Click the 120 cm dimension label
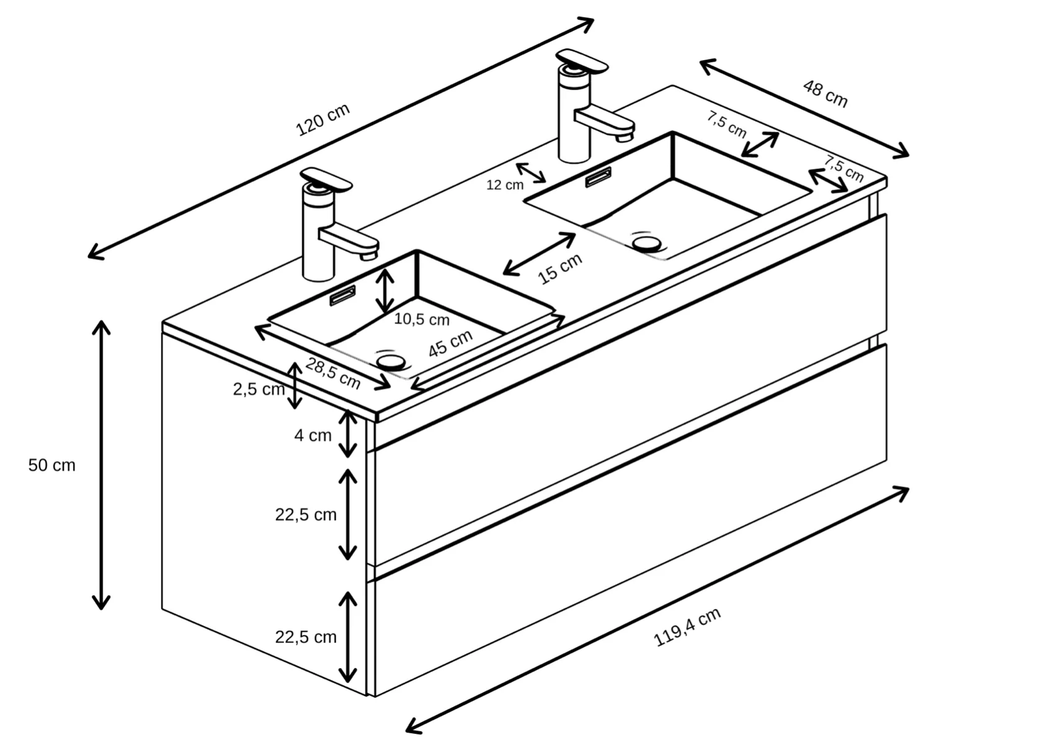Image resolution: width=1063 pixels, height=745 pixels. [x=322, y=119]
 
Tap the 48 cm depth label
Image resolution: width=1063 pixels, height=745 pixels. [x=825, y=94]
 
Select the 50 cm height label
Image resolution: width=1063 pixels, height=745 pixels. [x=51, y=465]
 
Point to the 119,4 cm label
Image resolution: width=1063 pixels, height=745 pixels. [x=687, y=626]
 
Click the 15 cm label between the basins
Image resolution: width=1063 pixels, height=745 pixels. [x=560, y=268]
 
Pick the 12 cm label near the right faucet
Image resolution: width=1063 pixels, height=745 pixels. [x=505, y=185]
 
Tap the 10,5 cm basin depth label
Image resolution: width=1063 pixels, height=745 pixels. [x=421, y=319]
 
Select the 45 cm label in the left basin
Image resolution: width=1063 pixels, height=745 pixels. [x=450, y=343]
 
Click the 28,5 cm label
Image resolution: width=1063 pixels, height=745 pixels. [x=333, y=374]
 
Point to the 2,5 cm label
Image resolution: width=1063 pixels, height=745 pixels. [x=259, y=390]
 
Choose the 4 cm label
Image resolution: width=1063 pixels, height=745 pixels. [x=313, y=435]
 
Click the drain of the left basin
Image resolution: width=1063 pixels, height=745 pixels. [x=391, y=362]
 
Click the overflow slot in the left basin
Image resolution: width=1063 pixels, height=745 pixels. [x=342, y=296]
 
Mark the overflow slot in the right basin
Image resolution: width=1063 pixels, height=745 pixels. [x=598, y=177]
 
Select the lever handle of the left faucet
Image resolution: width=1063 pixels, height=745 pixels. [x=326, y=179]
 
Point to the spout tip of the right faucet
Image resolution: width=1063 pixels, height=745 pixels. [x=625, y=137]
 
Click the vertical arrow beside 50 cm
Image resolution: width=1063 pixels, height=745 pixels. [x=101, y=465]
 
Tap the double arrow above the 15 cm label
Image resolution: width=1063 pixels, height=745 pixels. [x=539, y=254]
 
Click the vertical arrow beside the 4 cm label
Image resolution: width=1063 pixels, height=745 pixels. [x=348, y=434]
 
